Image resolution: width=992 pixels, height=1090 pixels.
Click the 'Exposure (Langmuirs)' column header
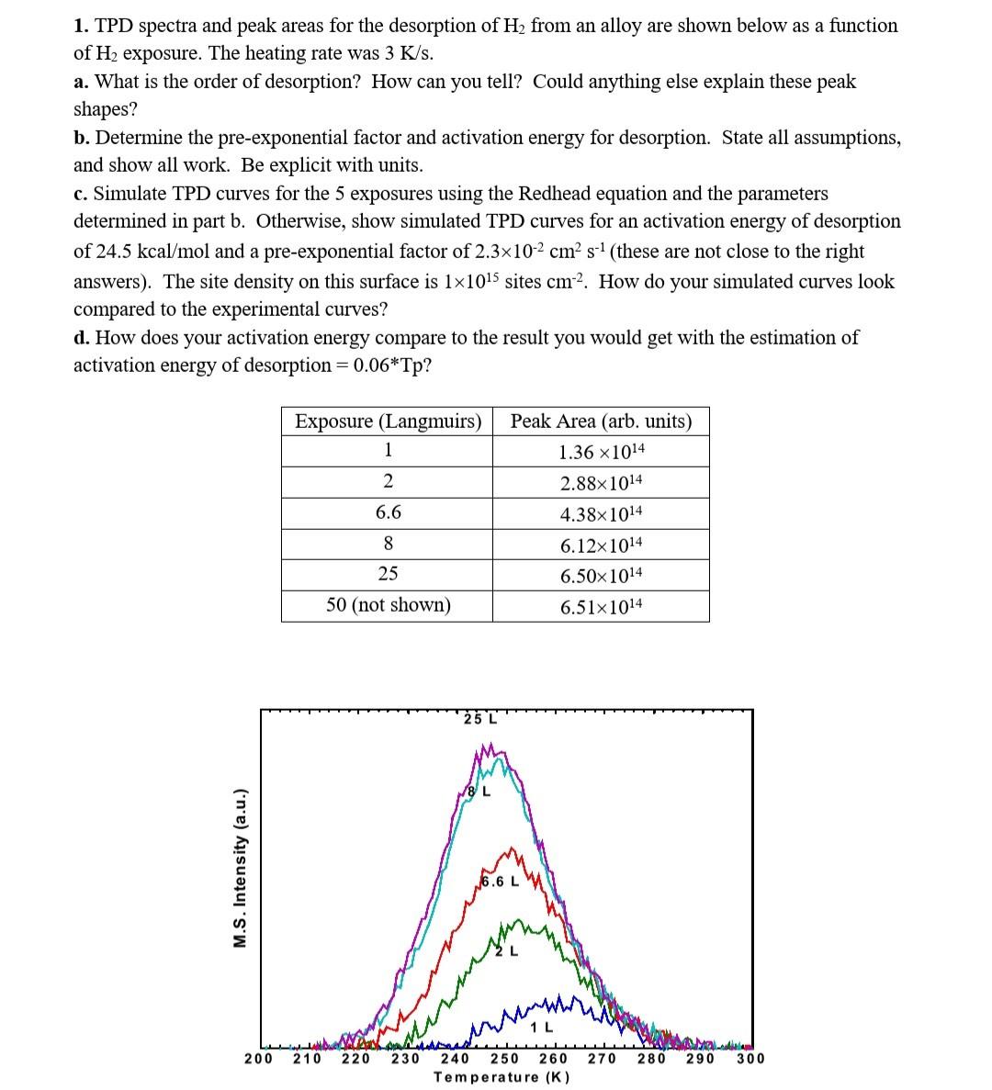[x=388, y=421]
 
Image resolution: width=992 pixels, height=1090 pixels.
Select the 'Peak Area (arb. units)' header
[x=601, y=421]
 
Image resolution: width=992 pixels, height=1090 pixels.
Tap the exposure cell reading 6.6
[x=388, y=512]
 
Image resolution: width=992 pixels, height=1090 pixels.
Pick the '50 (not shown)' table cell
[x=388, y=605]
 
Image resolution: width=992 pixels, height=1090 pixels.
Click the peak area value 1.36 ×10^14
[x=602, y=452]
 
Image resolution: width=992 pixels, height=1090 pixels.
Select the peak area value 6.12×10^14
[x=602, y=545]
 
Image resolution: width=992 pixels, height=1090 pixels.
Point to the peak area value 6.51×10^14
[x=602, y=606]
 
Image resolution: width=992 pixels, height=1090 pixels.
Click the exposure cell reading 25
[x=388, y=574]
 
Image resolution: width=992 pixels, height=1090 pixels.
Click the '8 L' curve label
[x=479, y=791]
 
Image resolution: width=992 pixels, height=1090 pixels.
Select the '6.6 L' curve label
[x=501, y=882]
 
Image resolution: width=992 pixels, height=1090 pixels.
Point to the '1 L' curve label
[x=544, y=1027]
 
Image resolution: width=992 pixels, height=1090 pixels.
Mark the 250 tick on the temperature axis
[x=503, y=1059]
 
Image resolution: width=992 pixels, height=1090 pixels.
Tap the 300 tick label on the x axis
[x=750, y=1059]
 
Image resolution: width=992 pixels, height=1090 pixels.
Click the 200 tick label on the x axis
[x=257, y=1059]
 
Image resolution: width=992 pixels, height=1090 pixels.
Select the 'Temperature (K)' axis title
[x=502, y=1077]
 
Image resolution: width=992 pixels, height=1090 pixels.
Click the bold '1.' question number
[x=81, y=26]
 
